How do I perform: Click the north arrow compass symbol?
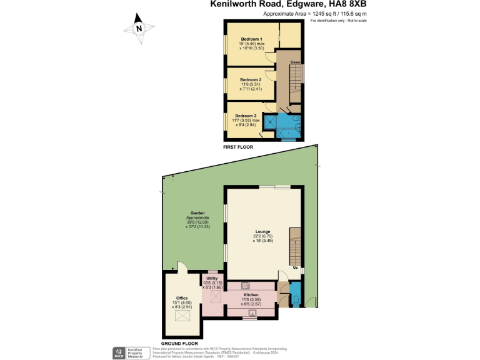click(x=139, y=28)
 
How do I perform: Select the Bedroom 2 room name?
click(x=250, y=80)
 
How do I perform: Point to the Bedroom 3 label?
click(x=246, y=116)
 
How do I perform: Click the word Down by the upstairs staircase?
click(x=296, y=62)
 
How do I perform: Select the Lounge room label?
click(x=262, y=231)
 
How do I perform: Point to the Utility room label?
click(x=212, y=277)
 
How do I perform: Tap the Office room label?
click(x=182, y=298)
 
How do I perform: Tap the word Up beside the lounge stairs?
click(x=295, y=268)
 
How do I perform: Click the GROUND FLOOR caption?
click(x=179, y=344)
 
